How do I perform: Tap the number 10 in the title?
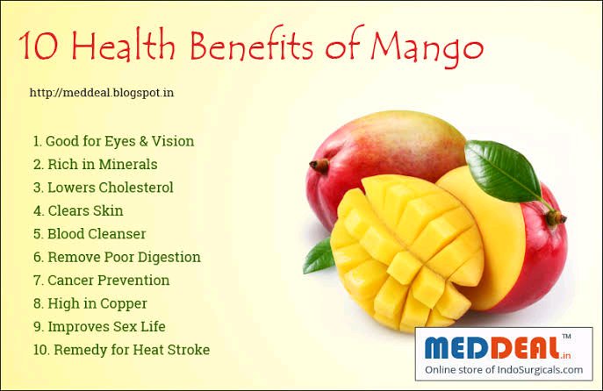(39, 46)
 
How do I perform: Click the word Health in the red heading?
(123, 45)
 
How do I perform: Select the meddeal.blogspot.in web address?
(102, 93)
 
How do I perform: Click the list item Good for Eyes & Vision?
(113, 141)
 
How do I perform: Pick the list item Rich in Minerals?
(95, 165)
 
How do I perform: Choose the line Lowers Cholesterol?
(103, 188)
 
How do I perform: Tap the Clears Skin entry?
(78, 210)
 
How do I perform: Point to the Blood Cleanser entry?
(90, 234)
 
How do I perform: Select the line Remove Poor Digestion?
(117, 258)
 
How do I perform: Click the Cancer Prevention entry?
(101, 281)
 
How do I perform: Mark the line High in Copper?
(90, 304)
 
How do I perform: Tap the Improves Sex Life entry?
(99, 327)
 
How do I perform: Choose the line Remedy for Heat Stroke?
(121, 350)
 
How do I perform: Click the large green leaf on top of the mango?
(503, 170)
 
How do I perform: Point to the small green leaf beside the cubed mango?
(319, 256)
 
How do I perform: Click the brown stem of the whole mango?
(319, 166)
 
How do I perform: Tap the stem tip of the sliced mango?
(556, 217)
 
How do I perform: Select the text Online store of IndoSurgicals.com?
(504, 370)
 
